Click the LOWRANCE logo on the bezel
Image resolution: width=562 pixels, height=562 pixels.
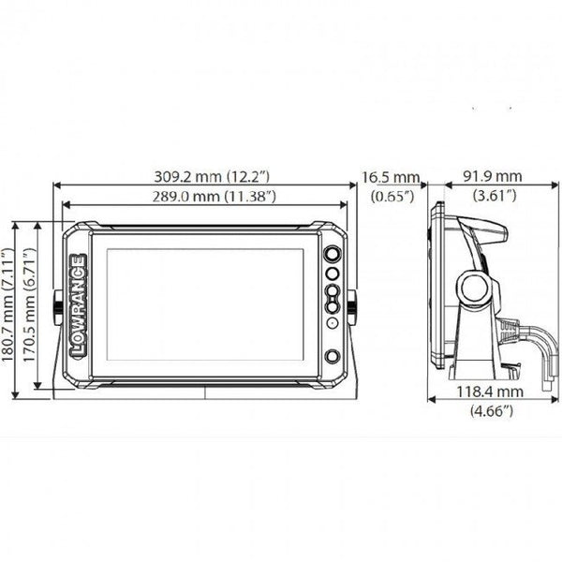point(79,304)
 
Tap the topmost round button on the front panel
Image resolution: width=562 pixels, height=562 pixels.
point(332,255)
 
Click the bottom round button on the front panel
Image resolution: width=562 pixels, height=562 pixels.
point(332,356)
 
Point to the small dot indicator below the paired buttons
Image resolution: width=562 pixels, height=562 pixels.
point(332,323)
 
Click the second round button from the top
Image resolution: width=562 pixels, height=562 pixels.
point(332,274)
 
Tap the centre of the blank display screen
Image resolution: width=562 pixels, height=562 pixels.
point(205,303)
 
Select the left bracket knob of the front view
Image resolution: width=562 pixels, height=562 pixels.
point(59,303)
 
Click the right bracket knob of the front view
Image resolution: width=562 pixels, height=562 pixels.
point(352,303)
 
